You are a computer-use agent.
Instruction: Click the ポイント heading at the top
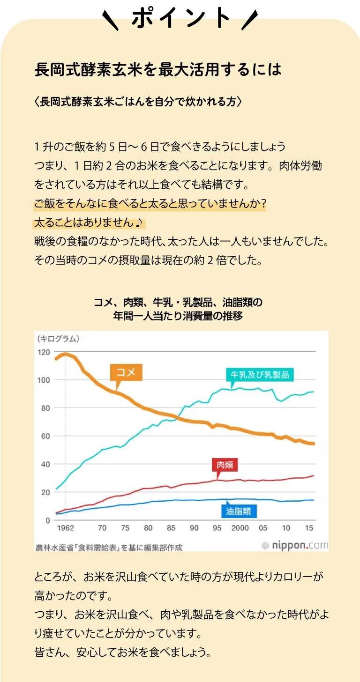[x=180, y=19]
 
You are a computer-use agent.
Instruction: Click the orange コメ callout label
[x=126, y=372]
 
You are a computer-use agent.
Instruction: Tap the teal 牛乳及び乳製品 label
[x=259, y=375]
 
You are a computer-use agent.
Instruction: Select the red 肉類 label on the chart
[x=225, y=465]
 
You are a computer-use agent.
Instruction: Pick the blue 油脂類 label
[x=239, y=511]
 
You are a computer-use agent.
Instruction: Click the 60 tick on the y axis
[x=45, y=436]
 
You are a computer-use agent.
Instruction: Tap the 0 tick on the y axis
[x=48, y=520]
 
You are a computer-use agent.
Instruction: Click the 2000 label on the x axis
[x=240, y=528]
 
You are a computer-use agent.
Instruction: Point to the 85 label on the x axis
[x=171, y=528]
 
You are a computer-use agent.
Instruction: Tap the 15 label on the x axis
[x=309, y=528]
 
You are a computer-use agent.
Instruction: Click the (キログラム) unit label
[x=57, y=338]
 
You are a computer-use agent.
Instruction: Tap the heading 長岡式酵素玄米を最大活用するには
[x=158, y=70]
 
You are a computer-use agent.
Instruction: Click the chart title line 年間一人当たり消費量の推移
[x=178, y=316]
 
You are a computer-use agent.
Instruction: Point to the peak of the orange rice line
[x=65, y=354]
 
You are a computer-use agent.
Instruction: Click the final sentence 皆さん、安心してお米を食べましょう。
[x=123, y=652]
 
